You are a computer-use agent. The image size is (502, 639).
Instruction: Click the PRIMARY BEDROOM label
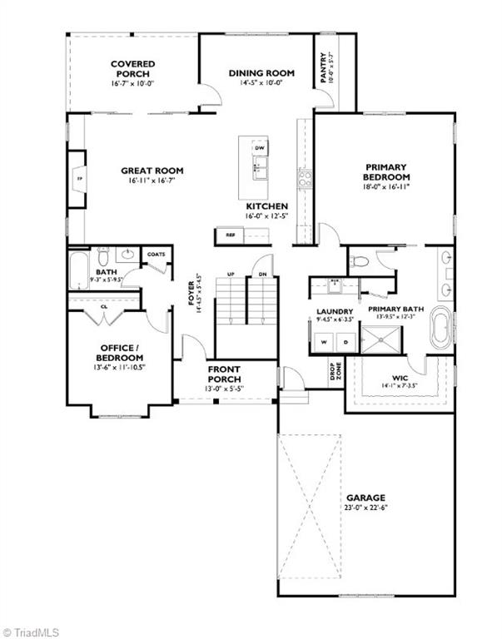386,171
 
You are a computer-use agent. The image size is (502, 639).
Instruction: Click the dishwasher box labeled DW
259,148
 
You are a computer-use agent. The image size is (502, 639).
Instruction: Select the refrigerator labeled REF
231,235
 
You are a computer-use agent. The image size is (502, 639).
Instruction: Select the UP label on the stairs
231,274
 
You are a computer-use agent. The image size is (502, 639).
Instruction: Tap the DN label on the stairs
261,274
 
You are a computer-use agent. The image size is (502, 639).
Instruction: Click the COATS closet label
156,254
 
